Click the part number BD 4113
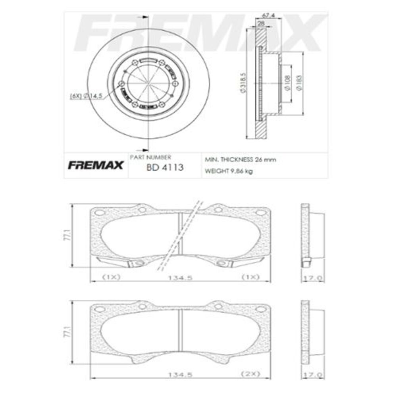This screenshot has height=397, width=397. (165, 168)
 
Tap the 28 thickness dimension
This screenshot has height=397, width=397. (261, 23)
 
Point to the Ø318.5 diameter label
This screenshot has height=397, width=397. (243, 83)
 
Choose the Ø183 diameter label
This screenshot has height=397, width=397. (299, 83)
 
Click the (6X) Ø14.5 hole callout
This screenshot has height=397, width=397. (86, 96)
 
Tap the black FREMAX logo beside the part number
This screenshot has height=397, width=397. (95, 165)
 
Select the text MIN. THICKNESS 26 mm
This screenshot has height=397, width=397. (240, 160)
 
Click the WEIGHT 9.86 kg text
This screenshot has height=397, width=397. (229, 171)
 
